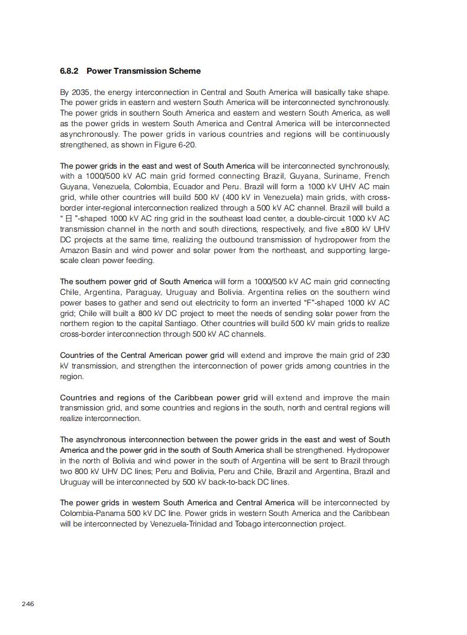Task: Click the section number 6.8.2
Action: [71, 71]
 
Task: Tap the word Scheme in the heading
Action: [184, 71]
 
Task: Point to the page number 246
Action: [28, 604]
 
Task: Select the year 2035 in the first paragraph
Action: [80, 93]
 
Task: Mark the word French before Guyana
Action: [377, 176]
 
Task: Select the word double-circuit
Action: [308, 219]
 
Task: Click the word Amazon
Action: [74, 251]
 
